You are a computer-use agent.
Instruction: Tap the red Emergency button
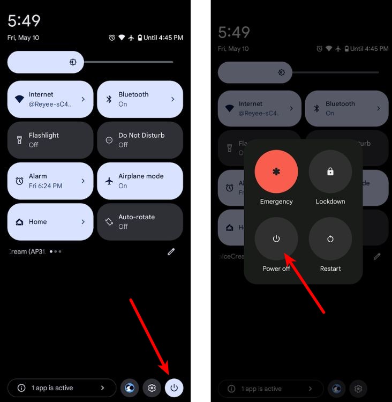tap(276, 172)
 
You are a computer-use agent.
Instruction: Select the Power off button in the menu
tap(276, 239)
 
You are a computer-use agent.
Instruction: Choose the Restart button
tap(330, 239)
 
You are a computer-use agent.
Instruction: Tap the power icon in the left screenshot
tap(174, 388)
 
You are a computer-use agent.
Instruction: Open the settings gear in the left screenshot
tap(152, 388)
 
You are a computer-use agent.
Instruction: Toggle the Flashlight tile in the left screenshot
tap(50, 140)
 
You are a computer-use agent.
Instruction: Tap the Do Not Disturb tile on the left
tap(140, 140)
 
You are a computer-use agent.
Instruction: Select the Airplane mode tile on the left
tap(140, 181)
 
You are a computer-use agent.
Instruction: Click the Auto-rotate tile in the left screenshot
tap(140, 221)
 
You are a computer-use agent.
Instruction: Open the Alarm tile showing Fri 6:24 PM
tap(50, 181)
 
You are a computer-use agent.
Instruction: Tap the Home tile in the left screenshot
tap(50, 221)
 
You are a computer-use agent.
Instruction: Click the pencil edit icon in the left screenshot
tap(171, 251)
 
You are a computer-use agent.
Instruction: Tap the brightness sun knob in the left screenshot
tap(73, 62)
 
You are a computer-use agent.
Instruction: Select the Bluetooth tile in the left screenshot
tap(140, 99)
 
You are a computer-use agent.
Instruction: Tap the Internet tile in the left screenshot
tap(50, 99)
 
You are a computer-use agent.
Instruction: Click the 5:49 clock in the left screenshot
tap(24, 21)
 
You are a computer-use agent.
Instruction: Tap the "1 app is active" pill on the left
tap(62, 388)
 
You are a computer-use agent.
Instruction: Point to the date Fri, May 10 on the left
tap(24, 38)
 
